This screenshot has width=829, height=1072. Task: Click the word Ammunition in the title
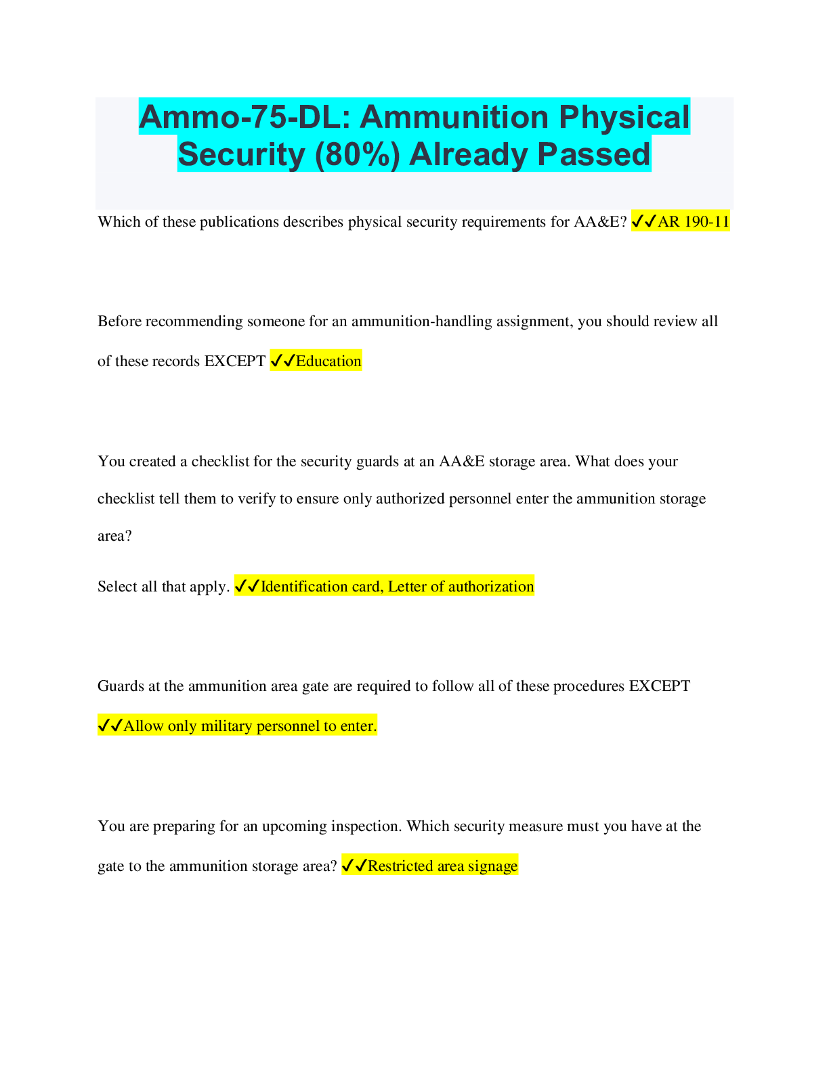tap(454, 117)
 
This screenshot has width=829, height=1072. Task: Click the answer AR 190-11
tap(693, 221)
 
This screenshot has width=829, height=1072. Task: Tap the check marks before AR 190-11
tap(643, 221)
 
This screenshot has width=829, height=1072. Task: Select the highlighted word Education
tap(328, 361)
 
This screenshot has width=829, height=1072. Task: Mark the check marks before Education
tap(282, 361)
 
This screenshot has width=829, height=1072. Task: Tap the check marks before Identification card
tap(247, 586)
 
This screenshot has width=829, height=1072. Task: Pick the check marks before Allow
tap(110, 726)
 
